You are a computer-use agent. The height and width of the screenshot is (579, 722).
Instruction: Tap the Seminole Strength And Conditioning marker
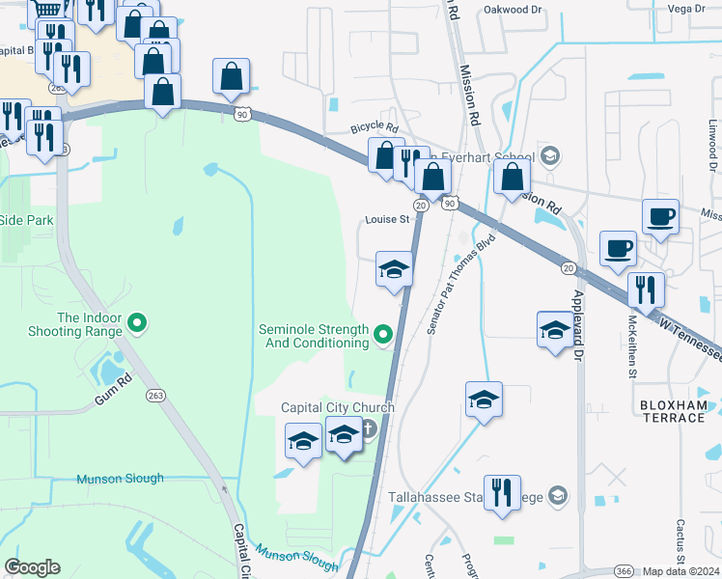(x=383, y=335)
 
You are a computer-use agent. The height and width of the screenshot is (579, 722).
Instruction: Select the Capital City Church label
(x=337, y=407)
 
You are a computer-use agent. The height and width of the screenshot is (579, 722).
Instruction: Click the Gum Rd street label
(x=112, y=385)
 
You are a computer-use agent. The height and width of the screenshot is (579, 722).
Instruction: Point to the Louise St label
(x=388, y=219)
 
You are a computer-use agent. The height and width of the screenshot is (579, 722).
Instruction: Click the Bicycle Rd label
(x=375, y=126)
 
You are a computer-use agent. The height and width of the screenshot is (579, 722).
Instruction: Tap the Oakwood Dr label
(x=514, y=9)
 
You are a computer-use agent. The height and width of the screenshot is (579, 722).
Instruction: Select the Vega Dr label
(x=687, y=8)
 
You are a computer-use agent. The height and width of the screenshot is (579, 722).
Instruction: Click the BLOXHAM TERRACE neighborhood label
(x=672, y=411)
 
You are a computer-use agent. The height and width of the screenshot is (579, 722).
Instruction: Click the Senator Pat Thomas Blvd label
(x=461, y=283)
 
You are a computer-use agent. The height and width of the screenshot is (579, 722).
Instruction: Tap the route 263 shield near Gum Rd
(x=155, y=396)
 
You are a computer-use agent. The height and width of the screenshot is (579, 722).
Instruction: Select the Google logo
(x=33, y=567)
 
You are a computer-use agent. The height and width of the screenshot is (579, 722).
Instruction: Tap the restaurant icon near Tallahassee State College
(x=502, y=493)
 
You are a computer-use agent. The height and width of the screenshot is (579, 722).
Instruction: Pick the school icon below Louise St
(x=394, y=269)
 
